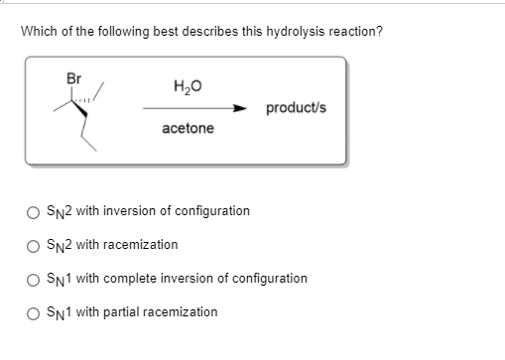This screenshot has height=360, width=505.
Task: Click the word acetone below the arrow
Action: tap(189, 128)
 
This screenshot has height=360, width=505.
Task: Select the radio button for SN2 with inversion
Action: tap(34, 211)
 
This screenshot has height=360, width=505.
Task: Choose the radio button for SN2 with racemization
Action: tap(34, 245)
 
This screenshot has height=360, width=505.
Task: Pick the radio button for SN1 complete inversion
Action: tap(34, 279)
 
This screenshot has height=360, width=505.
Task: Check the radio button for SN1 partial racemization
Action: tap(34, 312)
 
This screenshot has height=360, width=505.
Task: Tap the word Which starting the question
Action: tap(39, 32)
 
